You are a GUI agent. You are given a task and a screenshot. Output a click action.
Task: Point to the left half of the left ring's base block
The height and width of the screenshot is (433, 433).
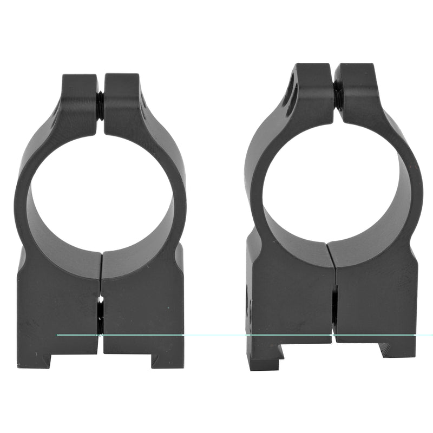[60, 303]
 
